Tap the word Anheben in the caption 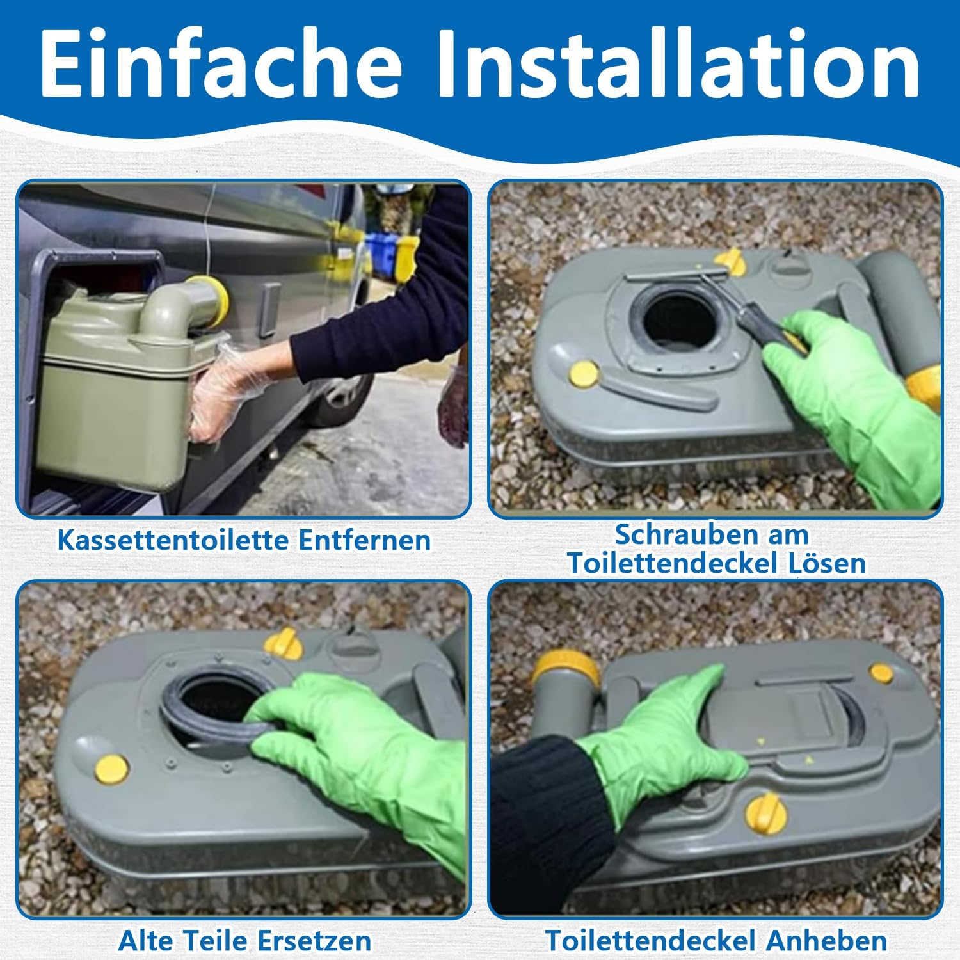click(826, 941)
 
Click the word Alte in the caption click(148, 941)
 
